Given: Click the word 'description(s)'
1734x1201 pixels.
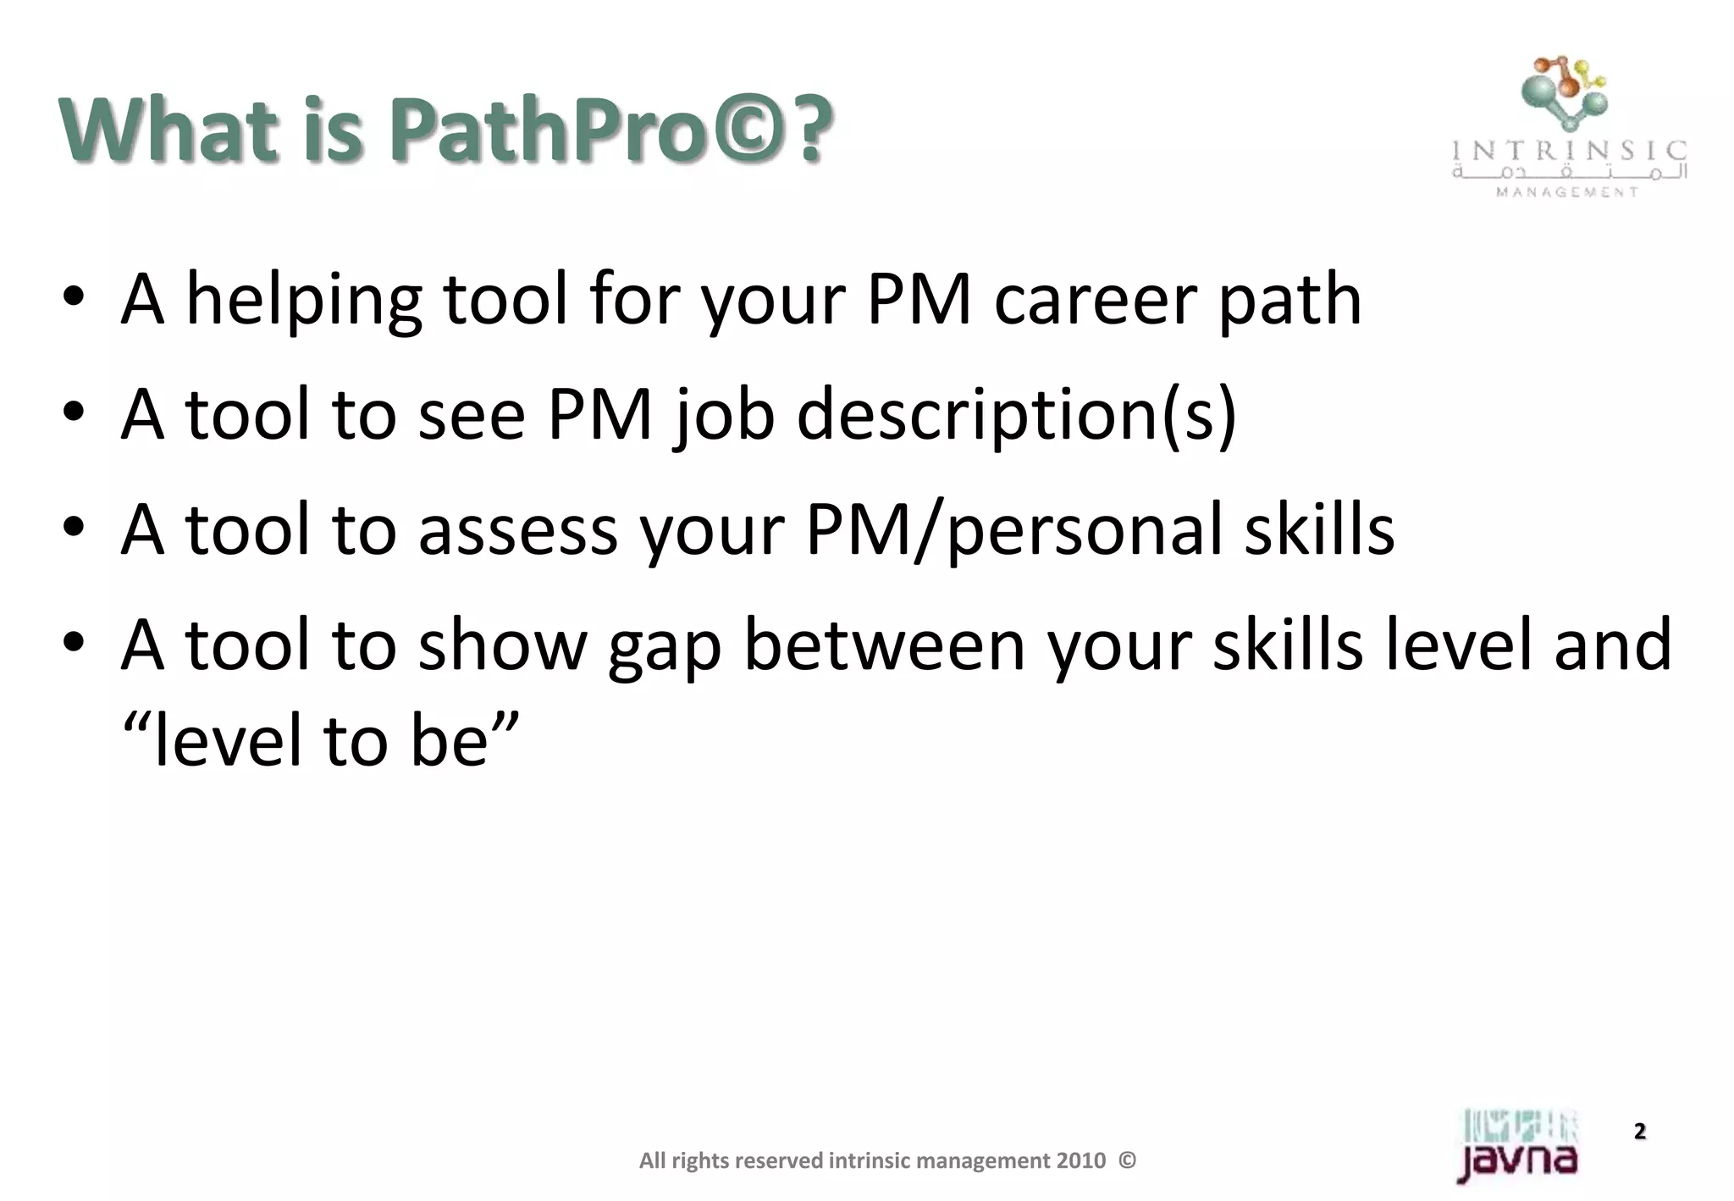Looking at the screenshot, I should point(1016,417).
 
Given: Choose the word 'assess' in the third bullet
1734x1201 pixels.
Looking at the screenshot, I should point(517,531).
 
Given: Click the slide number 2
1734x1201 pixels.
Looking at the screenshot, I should point(1639,1132).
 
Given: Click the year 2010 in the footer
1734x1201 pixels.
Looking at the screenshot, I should point(1081,1161).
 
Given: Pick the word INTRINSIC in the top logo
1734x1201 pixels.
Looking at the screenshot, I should point(1569,152).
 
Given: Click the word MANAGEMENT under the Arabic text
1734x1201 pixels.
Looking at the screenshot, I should point(1567,192).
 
